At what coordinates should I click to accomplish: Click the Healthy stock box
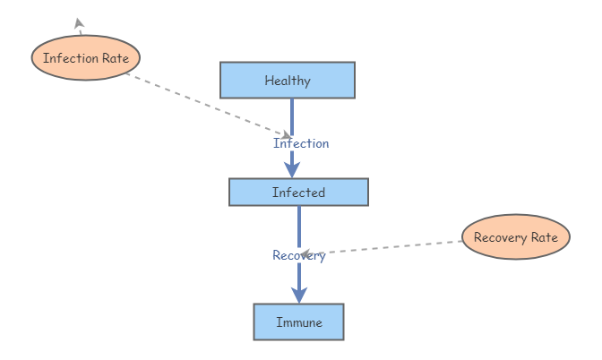click(288, 80)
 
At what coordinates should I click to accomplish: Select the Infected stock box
click(298, 192)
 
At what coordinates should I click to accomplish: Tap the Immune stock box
click(298, 321)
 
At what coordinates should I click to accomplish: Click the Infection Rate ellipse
click(86, 58)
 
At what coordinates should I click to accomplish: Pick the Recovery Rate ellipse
click(515, 237)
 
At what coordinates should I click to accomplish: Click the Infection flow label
click(301, 143)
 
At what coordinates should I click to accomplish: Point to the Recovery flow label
click(299, 255)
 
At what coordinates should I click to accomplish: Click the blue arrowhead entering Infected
click(292, 168)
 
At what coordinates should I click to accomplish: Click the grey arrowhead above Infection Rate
click(79, 23)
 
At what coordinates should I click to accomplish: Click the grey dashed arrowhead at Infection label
click(285, 135)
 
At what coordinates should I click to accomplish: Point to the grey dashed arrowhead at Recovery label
click(305, 254)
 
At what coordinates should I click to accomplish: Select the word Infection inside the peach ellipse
click(70, 58)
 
